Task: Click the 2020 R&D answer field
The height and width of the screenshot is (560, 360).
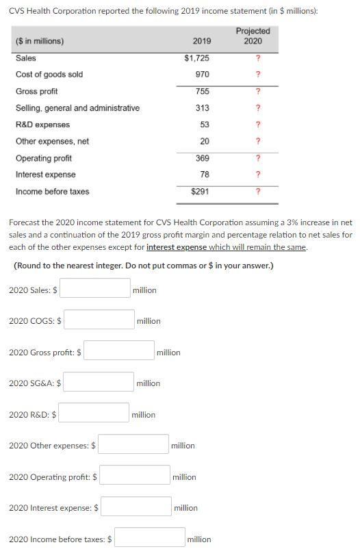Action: [94, 413]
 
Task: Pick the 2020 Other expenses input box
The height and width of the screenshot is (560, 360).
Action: [133, 444]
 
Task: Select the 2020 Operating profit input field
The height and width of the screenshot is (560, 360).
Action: [135, 476]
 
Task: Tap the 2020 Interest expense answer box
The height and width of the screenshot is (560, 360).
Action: [136, 507]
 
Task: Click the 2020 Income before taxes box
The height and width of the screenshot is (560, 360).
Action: [150, 538]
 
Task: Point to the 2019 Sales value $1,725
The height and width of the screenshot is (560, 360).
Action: [197, 58]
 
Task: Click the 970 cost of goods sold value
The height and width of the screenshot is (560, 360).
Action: [202, 74]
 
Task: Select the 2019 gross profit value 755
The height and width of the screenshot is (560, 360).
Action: [202, 91]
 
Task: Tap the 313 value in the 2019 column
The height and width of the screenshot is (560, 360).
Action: [202, 108]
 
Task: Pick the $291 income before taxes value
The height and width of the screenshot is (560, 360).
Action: [200, 192]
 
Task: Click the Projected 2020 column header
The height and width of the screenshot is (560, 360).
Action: [253, 36]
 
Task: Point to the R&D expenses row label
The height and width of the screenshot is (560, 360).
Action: [42, 125]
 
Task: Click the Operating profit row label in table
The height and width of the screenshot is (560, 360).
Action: [44, 158]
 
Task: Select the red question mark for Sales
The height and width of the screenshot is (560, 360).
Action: [257, 58]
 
